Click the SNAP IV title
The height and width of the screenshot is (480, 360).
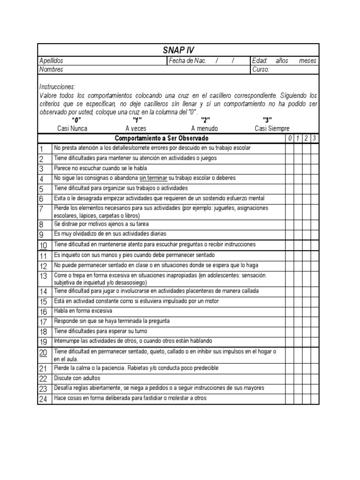pos(178,50)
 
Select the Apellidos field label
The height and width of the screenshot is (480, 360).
pos(51,61)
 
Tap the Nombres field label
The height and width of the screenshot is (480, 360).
pos(51,69)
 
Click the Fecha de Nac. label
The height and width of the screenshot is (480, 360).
pos(187,61)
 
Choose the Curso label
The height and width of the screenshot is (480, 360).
pos(261,69)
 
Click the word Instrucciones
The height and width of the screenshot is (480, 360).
pos(57,87)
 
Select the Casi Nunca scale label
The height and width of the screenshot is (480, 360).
pos(72,128)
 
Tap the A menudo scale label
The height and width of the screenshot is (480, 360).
pos(204,128)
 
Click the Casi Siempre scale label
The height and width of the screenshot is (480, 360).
pos(272,128)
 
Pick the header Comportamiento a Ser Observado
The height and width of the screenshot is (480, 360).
pos(162,138)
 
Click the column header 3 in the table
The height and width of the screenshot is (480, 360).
pos(315,138)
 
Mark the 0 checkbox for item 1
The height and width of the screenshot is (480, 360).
pos(289,148)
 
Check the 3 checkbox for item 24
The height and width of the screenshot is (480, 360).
pos(315,398)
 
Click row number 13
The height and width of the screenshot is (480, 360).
pos(44,276)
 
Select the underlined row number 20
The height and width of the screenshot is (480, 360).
pos(44,353)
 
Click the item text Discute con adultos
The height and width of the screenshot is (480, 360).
pos(77,378)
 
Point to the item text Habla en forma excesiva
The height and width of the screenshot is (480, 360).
pos(83,311)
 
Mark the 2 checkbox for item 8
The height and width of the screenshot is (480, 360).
pos(306,224)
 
